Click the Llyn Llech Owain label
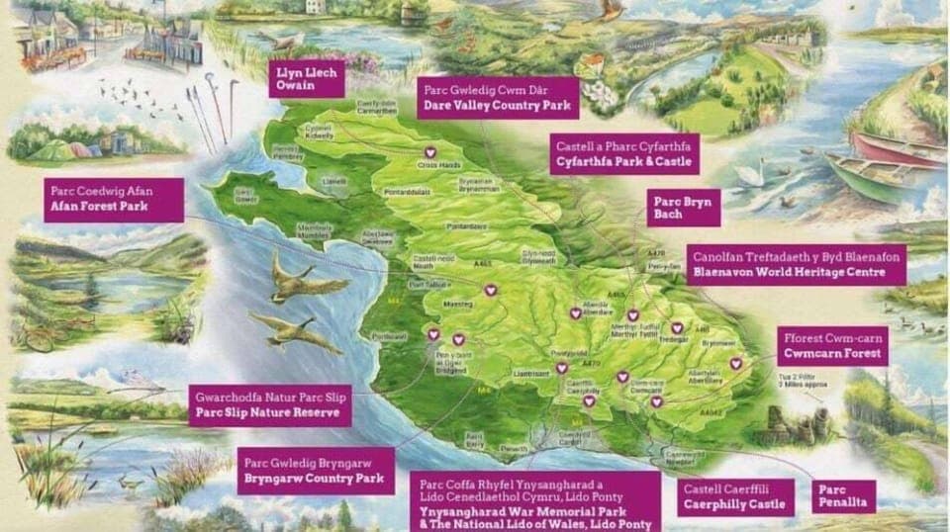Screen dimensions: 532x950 (306, 77)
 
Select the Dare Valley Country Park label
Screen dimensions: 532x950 (484, 96)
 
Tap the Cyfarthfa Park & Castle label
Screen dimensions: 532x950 (623, 153)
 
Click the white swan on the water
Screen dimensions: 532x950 (773, 174)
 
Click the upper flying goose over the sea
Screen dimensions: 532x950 (295, 282)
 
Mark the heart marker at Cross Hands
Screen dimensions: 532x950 (429, 152)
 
